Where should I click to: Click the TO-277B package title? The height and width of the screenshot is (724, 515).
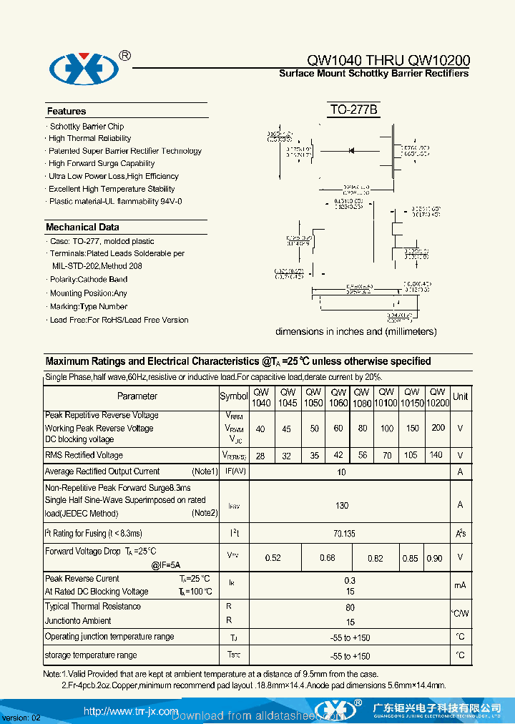353,110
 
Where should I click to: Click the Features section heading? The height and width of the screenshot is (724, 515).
67,111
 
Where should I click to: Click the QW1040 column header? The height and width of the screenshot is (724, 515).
261,398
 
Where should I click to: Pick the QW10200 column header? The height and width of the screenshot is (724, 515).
437,398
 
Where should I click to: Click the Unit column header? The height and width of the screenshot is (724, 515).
461,396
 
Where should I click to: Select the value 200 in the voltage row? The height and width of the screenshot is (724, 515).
438,428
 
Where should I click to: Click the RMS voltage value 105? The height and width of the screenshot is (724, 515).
411,455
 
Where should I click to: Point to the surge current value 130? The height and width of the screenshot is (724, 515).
342,505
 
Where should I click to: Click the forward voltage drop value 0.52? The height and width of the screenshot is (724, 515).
273,558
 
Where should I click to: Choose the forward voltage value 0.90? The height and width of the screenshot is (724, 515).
434,558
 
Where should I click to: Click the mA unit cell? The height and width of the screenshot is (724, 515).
461,585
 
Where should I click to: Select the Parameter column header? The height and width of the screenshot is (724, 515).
137,396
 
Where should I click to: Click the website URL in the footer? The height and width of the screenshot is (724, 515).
130,711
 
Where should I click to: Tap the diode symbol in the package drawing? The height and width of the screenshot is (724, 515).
352,150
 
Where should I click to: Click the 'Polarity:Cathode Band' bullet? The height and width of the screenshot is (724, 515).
89,279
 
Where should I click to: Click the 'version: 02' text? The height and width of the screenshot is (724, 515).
21,717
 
